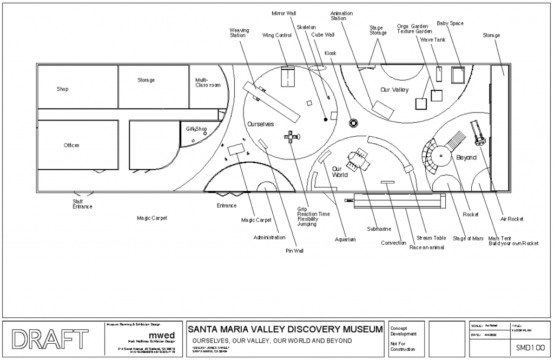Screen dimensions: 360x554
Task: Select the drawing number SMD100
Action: click(529, 347)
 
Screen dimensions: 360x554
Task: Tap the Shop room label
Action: click(63, 89)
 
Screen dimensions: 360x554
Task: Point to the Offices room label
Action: click(71, 145)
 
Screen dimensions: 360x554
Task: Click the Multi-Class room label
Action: click(208, 83)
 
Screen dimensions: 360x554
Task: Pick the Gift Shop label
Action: click(196, 129)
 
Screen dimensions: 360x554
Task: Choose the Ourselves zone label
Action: click(261, 124)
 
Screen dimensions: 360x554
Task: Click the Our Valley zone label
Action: click(394, 90)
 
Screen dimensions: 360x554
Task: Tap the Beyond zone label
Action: click(466, 158)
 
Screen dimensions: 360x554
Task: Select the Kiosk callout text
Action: click(330, 53)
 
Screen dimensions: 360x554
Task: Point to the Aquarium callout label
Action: click(345, 239)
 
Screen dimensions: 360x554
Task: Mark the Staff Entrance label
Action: click(82, 203)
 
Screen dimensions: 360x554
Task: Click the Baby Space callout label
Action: click(450, 23)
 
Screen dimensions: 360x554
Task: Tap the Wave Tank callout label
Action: click(433, 39)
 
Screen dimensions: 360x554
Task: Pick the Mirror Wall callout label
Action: click(284, 12)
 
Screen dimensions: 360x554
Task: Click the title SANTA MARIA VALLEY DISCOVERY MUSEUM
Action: click(285, 329)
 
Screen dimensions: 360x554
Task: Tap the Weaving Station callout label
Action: click(239, 32)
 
